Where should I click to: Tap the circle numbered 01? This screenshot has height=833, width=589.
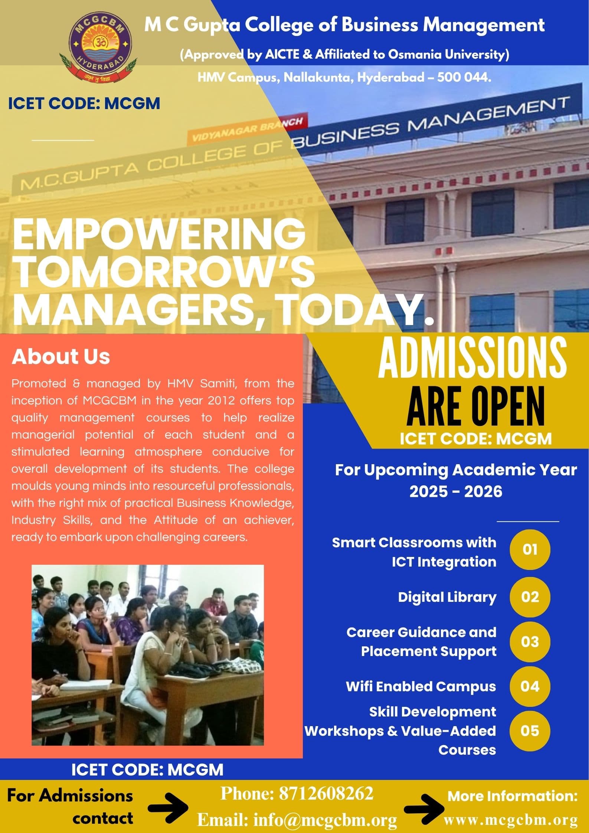pyautogui.click(x=530, y=550)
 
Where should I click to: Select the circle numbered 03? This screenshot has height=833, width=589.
pyautogui.click(x=530, y=642)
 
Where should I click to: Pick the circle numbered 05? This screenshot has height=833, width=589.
pyautogui.click(x=530, y=731)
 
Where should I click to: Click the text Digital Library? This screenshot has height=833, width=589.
pyautogui.click(x=447, y=597)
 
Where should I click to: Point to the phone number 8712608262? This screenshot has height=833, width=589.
pyautogui.click(x=326, y=793)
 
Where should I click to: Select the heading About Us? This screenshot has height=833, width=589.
pyautogui.click(x=61, y=357)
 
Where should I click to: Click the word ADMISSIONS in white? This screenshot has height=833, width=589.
pyautogui.click(x=472, y=359)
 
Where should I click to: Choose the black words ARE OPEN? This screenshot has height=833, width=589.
pyautogui.click(x=476, y=407)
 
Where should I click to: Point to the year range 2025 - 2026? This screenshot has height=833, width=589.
pyautogui.click(x=456, y=492)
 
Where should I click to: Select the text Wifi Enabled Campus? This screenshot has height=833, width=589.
pyautogui.click(x=421, y=686)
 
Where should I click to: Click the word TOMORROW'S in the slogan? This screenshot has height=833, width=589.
pyautogui.click(x=163, y=273)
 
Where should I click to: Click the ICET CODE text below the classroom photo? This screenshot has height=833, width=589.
pyautogui.click(x=147, y=769)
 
